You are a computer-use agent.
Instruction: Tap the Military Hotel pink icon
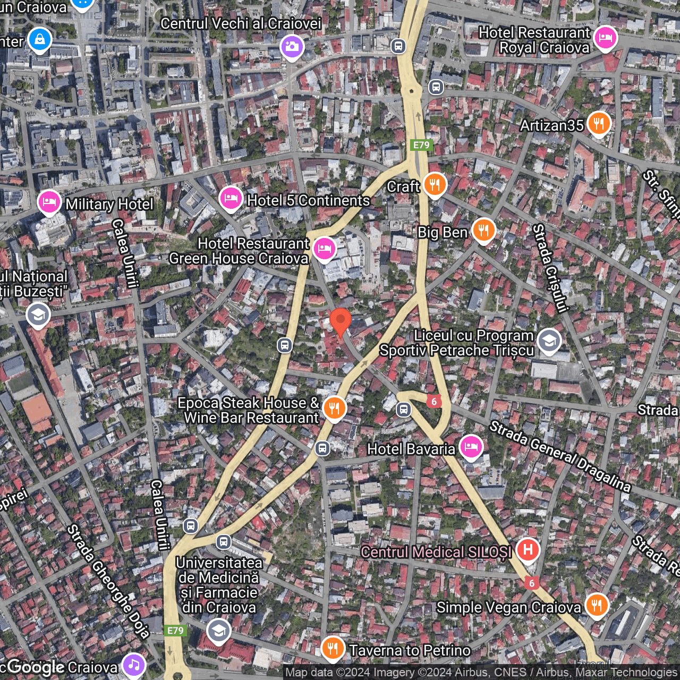49,202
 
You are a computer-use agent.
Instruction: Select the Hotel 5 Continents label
308,200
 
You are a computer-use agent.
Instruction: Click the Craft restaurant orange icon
435,184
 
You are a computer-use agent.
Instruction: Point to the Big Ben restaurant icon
483,231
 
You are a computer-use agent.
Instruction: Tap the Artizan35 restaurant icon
599,124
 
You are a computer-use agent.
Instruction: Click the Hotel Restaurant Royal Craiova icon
606,38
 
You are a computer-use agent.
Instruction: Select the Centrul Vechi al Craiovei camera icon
292,47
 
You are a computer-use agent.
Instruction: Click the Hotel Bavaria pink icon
471,447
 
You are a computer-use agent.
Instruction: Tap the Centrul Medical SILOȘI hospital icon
528,549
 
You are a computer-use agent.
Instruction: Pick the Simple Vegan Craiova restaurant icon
597,605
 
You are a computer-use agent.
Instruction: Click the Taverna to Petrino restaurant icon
333,648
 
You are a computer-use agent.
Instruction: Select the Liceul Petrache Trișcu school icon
549,341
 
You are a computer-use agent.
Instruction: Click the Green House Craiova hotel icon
324,248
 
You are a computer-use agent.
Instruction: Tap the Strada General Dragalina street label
560,456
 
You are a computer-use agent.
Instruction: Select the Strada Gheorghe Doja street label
108,582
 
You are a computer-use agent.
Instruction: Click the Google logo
36,667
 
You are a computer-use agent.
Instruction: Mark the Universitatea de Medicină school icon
218,631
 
